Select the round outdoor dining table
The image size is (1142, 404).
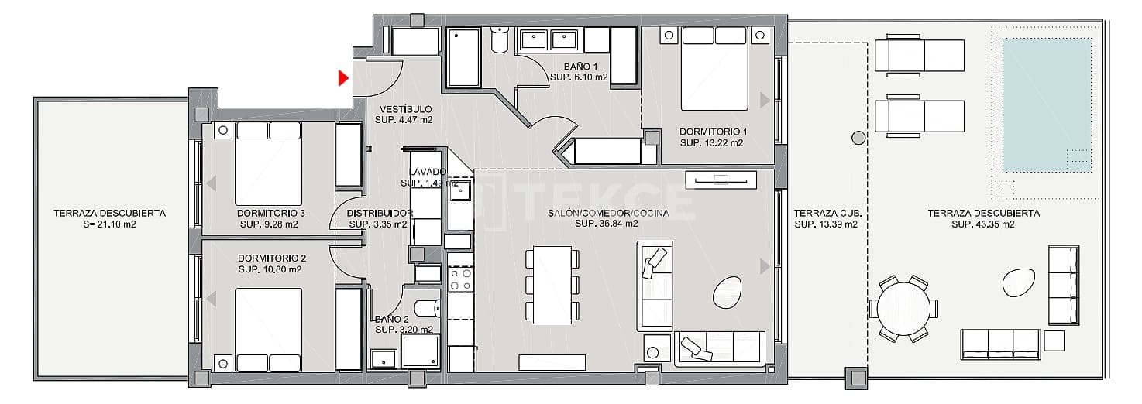coord(903,308)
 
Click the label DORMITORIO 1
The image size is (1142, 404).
coord(713,132)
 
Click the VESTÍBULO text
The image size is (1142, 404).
coord(403,109)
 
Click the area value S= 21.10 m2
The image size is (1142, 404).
coord(109,224)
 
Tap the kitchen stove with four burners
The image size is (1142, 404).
coord(461,279)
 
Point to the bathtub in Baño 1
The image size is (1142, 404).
coord(465,57)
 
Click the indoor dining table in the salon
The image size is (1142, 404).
coord(552,284)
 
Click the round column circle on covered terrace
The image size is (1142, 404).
coord(858,138)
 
